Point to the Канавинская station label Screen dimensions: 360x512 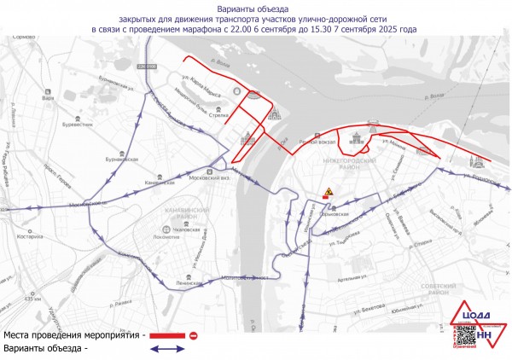160,183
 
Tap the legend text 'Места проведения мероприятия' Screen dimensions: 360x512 72,336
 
